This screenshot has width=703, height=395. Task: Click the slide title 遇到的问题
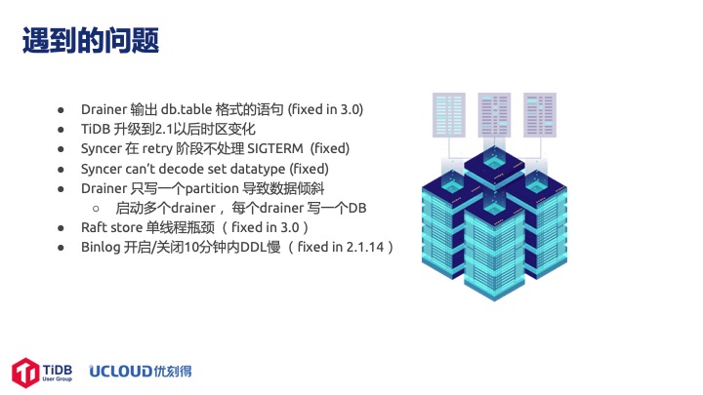pos(91,40)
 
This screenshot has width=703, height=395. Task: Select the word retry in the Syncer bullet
pos(157,149)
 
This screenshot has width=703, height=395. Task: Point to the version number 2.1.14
pos(365,247)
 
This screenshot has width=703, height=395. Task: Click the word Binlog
pos(101,248)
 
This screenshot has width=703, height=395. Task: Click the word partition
pos(212,189)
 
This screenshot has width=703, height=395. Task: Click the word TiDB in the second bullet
pos(96,129)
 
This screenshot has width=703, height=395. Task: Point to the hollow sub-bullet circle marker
pos(96,209)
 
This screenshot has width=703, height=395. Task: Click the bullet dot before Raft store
pos(61,228)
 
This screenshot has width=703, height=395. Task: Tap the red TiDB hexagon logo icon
pos(25,373)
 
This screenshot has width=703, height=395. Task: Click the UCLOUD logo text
pos(121,372)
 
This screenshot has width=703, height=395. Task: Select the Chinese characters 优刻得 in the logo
pos(173,372)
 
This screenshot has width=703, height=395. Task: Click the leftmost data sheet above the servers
pos(449,115)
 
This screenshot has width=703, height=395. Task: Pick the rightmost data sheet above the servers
pos(540,115)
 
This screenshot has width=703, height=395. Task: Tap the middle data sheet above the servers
pos(494,115)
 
